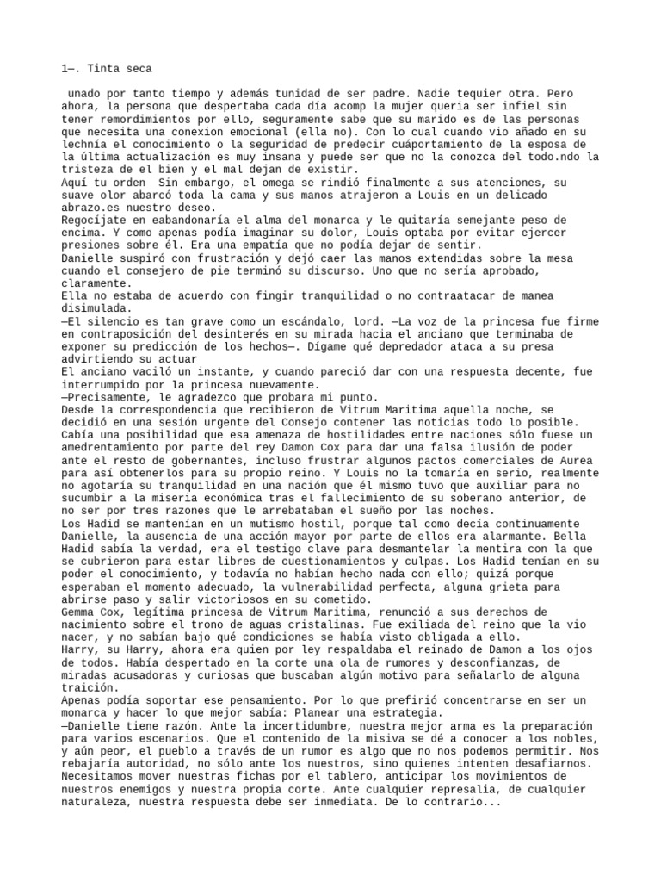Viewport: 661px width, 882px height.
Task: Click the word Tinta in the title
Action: pyautogui.click(x=96, y=68)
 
